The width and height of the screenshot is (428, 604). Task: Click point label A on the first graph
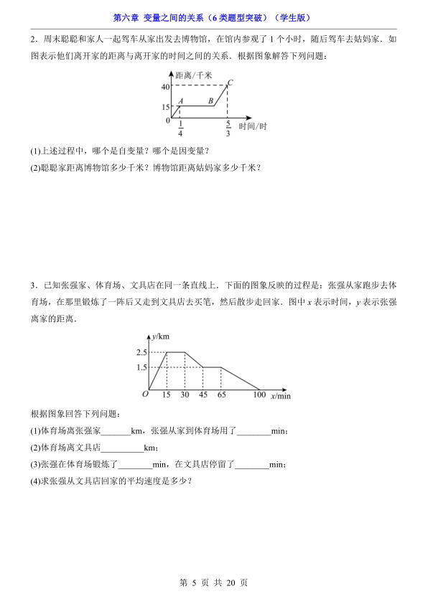[x=181, y=101]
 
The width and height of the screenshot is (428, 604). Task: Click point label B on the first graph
[x=210, y=101]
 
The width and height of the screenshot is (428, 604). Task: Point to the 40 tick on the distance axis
[x=164, y=86]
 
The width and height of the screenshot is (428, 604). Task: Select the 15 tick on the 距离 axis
[x=164, y=106]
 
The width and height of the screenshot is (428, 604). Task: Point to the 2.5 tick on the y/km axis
[x=141, y=352]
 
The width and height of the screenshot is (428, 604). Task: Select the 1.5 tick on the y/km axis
[x=141, y=367]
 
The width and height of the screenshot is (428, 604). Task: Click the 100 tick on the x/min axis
[x=259, y=395]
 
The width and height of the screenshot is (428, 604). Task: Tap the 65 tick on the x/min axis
[x=221, y=395]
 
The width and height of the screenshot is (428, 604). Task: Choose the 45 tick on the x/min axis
[x=203, y=395]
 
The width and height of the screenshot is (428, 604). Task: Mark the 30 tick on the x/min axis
[x=185, y=395]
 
